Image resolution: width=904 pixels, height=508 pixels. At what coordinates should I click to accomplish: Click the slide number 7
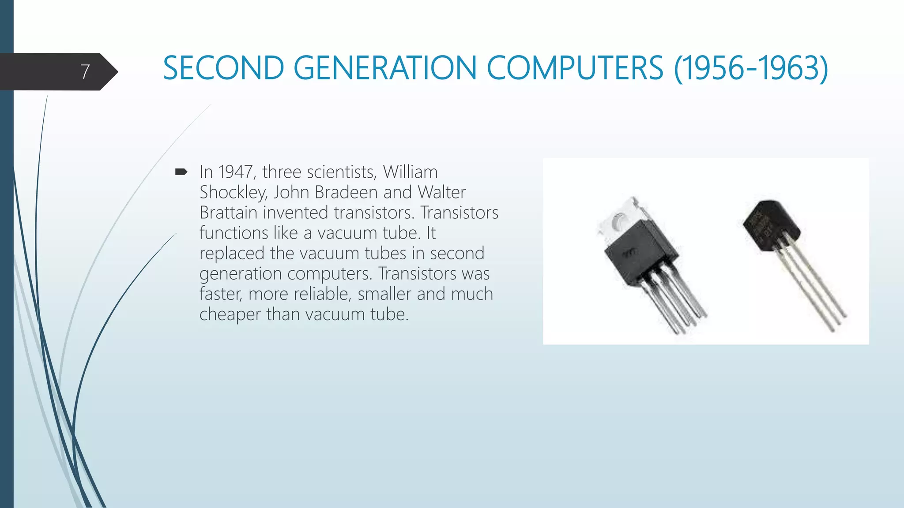point(85,71)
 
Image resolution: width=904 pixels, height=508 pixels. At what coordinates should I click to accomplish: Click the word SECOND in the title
point(223,68)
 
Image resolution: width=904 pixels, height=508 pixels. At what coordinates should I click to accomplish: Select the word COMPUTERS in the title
point(575,68)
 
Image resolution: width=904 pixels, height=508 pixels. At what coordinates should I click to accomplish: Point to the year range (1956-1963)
point(751,68)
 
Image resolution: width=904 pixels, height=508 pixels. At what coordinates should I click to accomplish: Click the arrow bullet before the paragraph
point(181,172)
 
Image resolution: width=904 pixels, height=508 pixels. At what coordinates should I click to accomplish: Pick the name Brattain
point(228,213)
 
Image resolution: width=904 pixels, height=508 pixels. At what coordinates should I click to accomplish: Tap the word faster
point(221,294)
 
